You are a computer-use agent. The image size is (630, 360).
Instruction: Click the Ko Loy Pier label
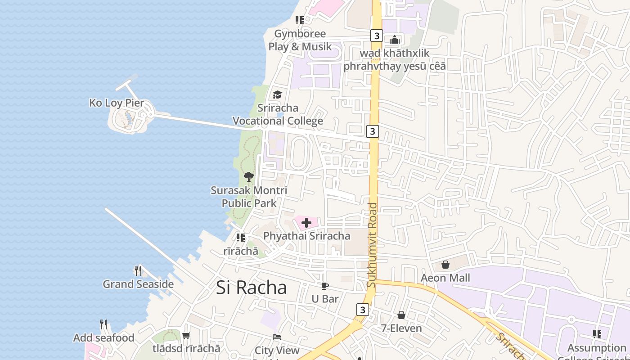pos(117,103)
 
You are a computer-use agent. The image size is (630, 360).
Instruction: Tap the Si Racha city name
pos(251,288)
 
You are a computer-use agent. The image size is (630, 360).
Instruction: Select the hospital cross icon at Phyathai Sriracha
pos(306,223)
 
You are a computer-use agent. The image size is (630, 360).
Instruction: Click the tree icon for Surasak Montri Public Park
pos(248,177)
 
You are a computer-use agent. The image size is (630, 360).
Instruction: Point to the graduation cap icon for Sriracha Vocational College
pos(277,94)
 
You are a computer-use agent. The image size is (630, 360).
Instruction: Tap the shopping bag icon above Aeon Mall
pos(445,265)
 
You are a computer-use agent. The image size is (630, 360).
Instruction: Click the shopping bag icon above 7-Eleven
pos(401,315)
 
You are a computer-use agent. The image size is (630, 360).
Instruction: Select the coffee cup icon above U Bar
pos(325,286)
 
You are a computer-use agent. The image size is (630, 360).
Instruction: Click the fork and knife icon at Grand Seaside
pos(138,270)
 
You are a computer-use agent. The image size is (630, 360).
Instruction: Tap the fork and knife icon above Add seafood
pos(103,324)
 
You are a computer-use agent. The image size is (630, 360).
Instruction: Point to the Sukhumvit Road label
pos(372,245)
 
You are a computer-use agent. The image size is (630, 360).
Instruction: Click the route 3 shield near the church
pos(376,36)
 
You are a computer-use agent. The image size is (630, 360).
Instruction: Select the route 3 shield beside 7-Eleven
pos(363,310)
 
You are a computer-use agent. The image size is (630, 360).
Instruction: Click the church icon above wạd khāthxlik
pos(395,40)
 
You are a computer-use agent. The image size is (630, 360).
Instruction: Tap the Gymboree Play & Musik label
pos(300,40)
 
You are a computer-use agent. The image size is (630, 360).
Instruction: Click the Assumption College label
pos(596,348)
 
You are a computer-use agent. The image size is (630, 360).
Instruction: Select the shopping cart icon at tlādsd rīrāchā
pos(186,335)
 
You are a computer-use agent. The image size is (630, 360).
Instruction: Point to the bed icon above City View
pos(277,337)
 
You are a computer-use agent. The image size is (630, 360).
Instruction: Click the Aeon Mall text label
pos(445,278)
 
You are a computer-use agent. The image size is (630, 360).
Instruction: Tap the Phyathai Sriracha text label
pos(306,236)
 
